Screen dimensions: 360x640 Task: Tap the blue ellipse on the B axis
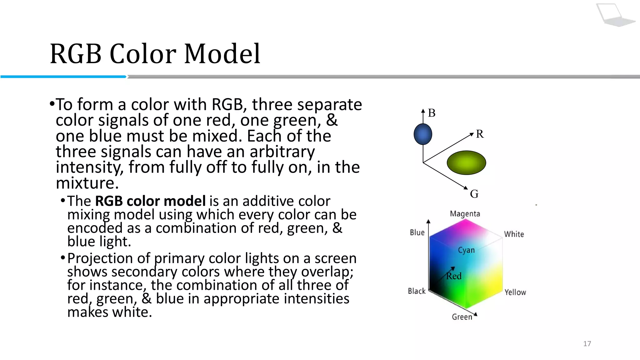click(x=423, y=134)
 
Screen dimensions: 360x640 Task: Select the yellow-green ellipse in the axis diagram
click(x=466, y=162)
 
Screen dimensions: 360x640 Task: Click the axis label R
click(x=480, y=134)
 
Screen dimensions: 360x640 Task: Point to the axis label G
click(x=474, y=194)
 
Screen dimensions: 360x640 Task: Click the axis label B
click(x=432, y=113)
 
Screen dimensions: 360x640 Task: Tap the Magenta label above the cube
click(x=465, y=214)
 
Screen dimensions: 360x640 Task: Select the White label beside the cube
click(x=514, y=234)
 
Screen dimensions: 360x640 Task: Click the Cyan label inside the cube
click(x=466, y=250)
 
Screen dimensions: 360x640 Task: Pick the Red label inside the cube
click(x=454, y=276)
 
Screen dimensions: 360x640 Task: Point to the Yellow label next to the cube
click(x=515, y=292)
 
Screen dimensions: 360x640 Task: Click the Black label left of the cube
click(x=417, y=291)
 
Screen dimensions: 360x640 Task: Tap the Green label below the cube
click(x=462, y=317)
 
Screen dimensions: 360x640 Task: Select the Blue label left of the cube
click(x=417, y=232)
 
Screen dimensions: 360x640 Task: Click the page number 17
click(x=587, y=344)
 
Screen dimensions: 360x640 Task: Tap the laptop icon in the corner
click(x=614, y=15)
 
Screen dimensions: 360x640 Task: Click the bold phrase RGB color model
click(x=150, y=201)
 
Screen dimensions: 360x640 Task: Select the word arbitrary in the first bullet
click(x=282, y=152)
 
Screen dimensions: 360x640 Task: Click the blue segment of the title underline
click(x=62, y=77)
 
